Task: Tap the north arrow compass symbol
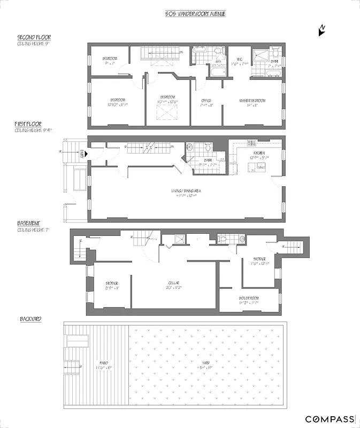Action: click(x=321, y=30)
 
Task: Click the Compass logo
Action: click(x=330, y=419)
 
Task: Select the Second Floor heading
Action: click(x=34, y=37)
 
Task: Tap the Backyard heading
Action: click(x=31, y=319)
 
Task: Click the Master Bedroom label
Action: click(x=252, y=101)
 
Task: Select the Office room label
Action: click(x=206, y=101)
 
